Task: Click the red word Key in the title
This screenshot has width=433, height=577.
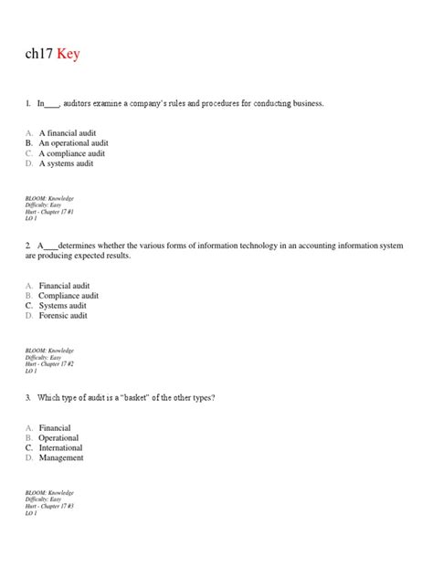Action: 68,55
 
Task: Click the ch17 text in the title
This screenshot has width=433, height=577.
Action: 39,55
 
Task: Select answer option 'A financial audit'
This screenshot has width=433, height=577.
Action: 67,133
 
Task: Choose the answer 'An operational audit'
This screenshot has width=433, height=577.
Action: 73,143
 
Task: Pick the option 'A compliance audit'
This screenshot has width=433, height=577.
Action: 71,153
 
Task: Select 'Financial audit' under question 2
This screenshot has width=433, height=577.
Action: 64,286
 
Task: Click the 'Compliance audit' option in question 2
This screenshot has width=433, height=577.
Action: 69,296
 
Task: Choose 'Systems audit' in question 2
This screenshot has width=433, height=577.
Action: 64,306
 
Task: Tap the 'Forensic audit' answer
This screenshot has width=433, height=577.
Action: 63,316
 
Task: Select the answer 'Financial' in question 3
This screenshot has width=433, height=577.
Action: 55,428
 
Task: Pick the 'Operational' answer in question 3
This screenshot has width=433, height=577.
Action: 58,438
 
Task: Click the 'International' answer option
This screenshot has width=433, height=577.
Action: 60,448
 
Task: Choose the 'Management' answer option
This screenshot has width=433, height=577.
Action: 61,458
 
